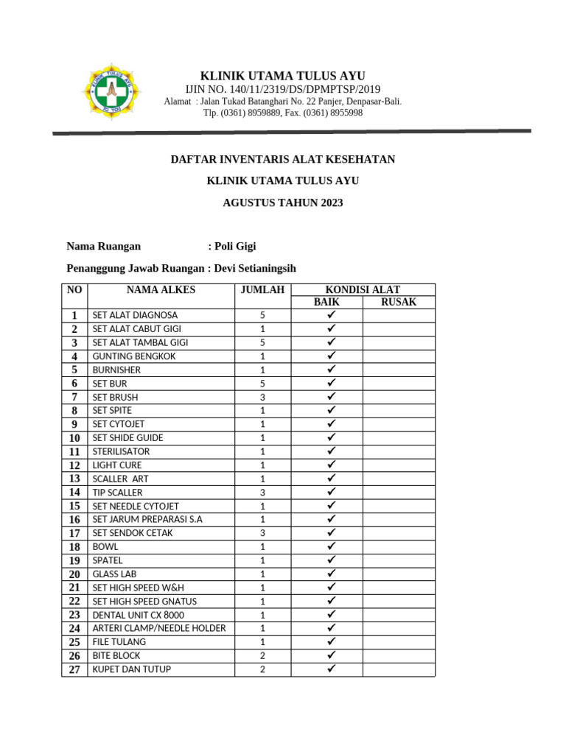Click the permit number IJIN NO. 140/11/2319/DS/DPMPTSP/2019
(x=282, y=89)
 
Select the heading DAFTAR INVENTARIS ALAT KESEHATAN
(x=282, y=159)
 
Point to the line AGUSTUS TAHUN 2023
(x=282, y=202)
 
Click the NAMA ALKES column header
(x=161, y=290)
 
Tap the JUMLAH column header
(x=262, y=290)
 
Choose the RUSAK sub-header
(x=398, y=302)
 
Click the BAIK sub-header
(x=326, y=302)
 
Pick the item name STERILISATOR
(x=121, y=451)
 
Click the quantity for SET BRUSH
(x=262, y=397)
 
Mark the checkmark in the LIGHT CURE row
(x=331, y=465)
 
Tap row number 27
(x=74, y=669)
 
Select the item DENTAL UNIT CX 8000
(x=139, y=615)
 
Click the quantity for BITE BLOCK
(x=262, y=655)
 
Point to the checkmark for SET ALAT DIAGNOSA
(x=331, y=315)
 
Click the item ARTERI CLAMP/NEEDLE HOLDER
(x=159, y=628)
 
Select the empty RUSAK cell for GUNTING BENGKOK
(x=398, y=356)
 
